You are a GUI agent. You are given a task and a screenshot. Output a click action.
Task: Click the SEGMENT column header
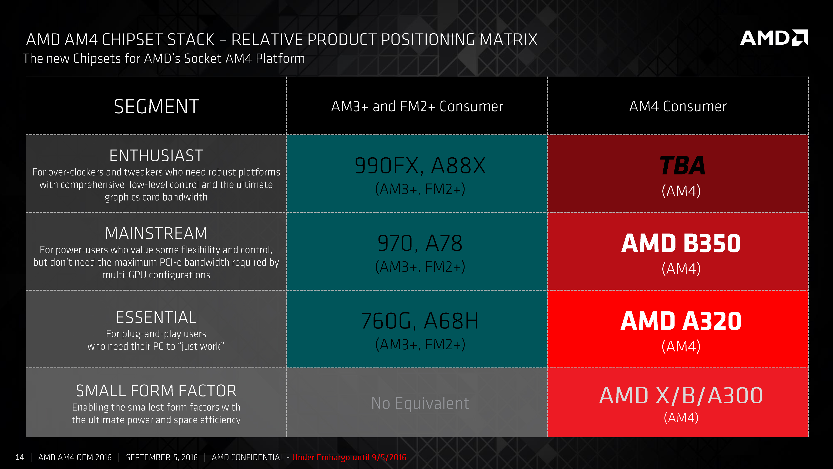coord(156,107)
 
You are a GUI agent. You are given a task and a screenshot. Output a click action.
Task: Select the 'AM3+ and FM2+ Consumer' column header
coord(417,107)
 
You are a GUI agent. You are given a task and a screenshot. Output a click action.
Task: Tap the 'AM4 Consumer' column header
coord(678,107)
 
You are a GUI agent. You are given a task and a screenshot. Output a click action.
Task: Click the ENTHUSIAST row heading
coord(156,156)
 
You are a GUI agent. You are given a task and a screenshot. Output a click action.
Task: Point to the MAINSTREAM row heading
coord(156,233)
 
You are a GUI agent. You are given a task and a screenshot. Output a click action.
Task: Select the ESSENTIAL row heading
coord(156,317)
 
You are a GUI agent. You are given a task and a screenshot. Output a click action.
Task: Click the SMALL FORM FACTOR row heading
coord(156,391)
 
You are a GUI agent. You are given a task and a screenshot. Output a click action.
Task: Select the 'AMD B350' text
coord(681,243)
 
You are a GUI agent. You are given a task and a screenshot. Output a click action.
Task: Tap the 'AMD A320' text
coord(681,321)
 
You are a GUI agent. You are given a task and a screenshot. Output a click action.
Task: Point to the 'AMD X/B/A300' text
coord(681,396)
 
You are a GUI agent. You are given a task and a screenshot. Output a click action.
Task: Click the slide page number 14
coord(20,457)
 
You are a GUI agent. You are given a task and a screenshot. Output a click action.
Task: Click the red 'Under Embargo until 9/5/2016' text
coord(349,457)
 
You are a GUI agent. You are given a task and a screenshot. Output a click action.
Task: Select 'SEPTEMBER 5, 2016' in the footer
coord(162,457)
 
